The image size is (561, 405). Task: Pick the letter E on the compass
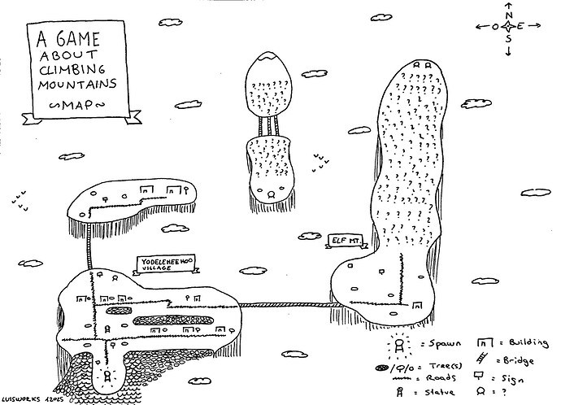(520, 27)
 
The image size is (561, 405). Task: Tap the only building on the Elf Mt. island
(418, 310)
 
